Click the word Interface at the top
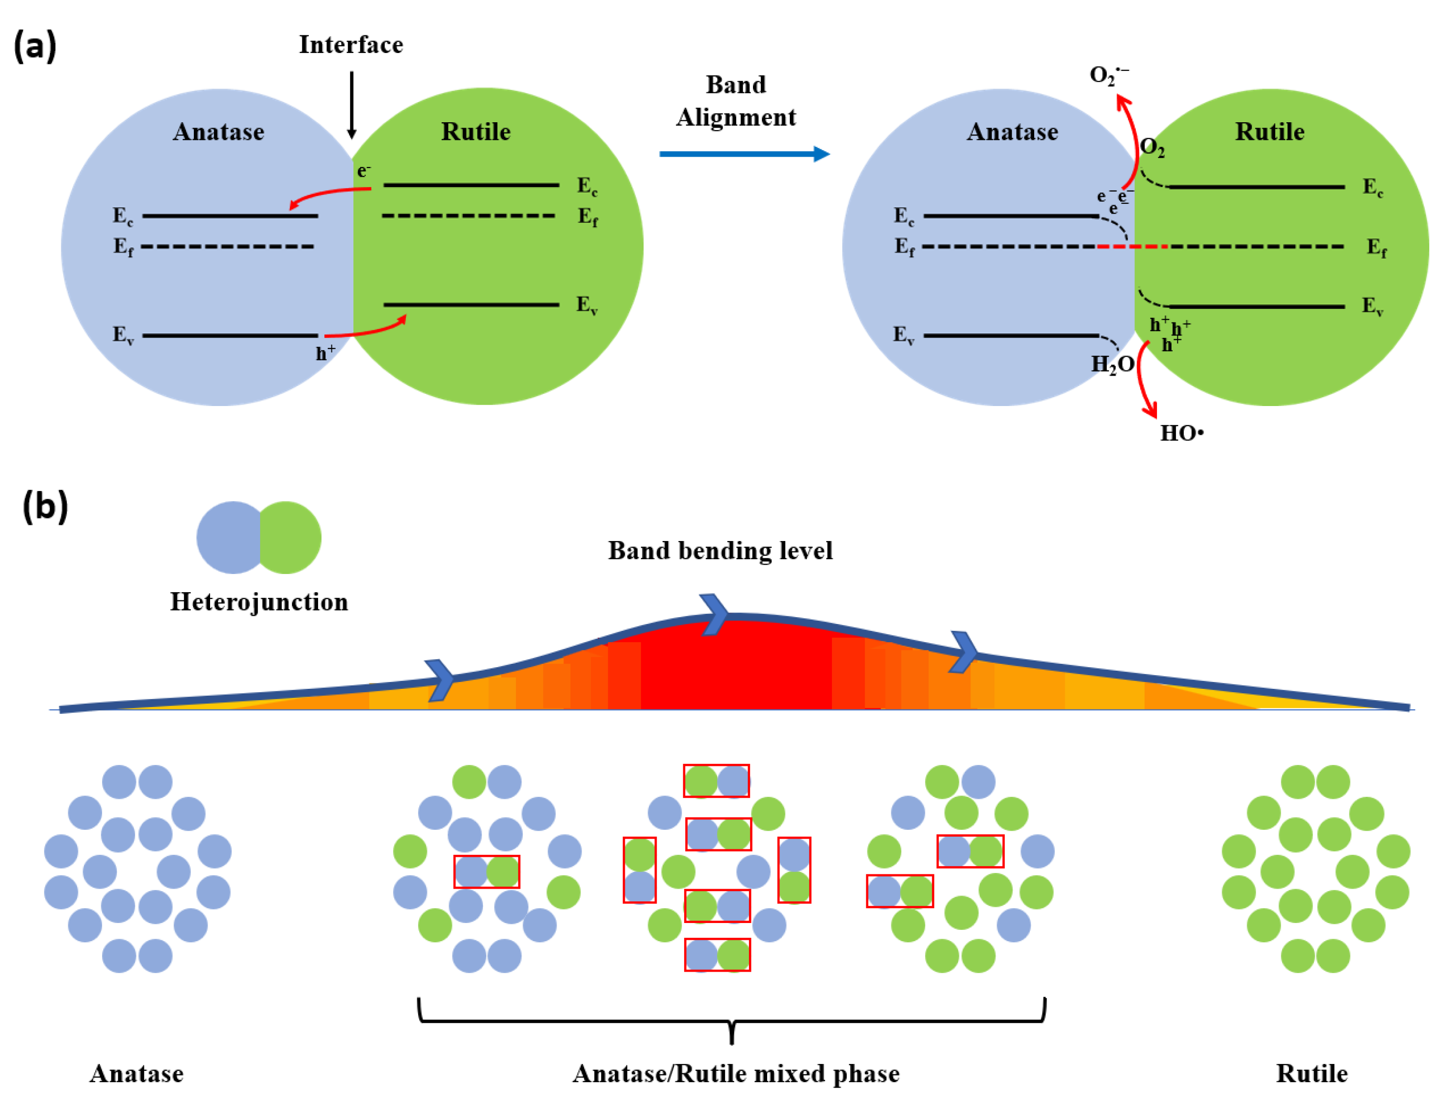(351, 45)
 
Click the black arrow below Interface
(351, 106)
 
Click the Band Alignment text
(736, 101)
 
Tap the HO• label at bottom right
(1182, 433)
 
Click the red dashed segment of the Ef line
(1132, 246)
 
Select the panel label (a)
(35, 46)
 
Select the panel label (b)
(45, 507)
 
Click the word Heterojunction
(259, 602)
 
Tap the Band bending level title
(721, 551)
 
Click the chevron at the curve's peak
(714, 614)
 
